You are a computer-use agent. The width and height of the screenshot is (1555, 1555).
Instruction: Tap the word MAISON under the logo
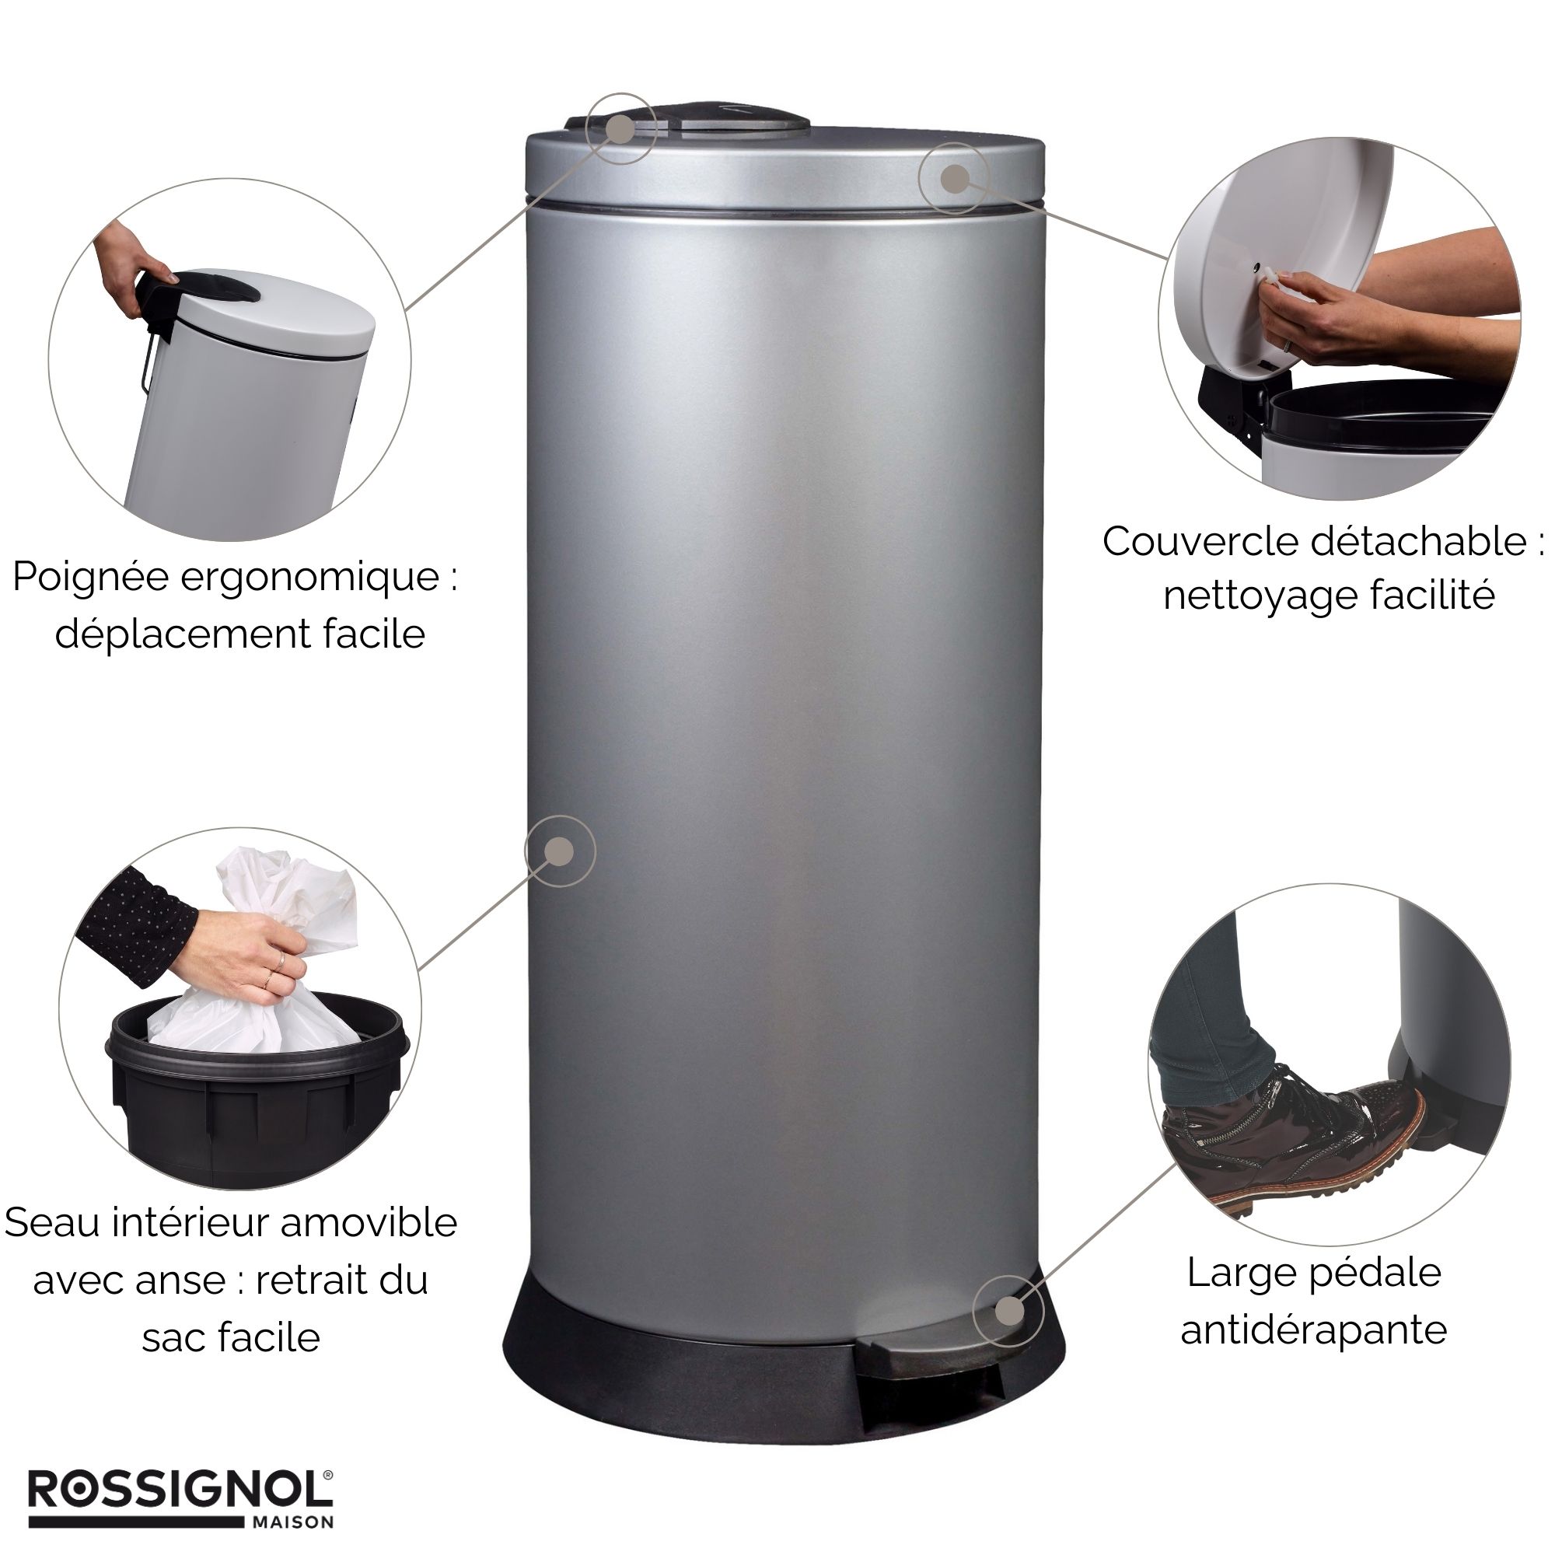tap(293, 1522)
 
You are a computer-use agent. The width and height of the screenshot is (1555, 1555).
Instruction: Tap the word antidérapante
tap(1313, 1330)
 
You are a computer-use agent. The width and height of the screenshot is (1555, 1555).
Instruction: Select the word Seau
tap(53, 1222)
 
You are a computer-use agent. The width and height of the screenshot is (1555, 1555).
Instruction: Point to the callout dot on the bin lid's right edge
tap(955, 178)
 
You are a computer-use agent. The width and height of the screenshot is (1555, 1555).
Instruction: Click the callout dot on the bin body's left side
tap(559, 851)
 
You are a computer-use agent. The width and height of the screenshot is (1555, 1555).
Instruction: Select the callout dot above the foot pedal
tap(1008, 1311)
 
